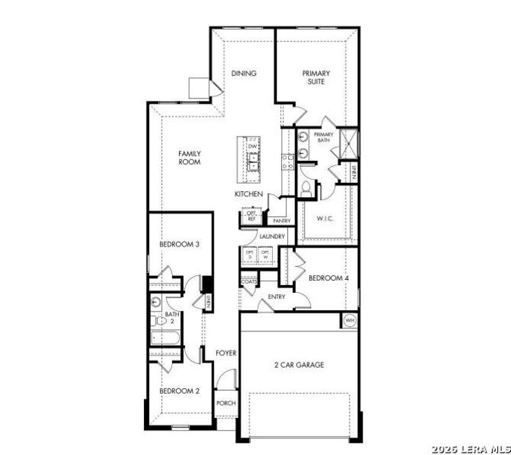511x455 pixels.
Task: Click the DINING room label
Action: pos(243,74)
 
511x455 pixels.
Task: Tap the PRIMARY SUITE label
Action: pos(316,77)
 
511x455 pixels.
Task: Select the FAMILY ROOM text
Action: pos(190,157)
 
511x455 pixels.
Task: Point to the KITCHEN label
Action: pos(249,195)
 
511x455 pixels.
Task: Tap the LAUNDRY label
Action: pos(271,237)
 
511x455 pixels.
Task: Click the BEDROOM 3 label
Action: pos(179,244)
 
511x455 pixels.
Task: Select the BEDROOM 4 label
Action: pos(328,278)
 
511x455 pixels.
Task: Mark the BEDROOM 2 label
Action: pos(179,391)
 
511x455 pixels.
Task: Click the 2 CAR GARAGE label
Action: pos(299,365)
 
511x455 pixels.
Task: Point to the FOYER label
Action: pos(226,353)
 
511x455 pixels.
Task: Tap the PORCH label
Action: pos(226,403)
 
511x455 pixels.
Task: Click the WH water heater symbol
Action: pos(350,320)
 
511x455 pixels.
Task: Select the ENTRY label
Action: pos(276,297)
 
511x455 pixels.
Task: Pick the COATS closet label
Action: pos(249,281)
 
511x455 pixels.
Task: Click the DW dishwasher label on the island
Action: pos(252,146)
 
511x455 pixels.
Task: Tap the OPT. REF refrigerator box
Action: pos(251,216)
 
